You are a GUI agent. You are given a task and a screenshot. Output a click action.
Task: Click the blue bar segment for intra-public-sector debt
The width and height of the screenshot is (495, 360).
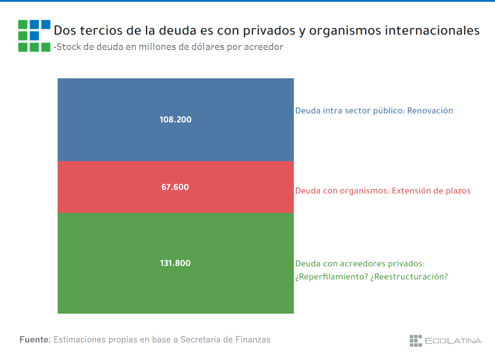pyautogui.click(x=175, y=97)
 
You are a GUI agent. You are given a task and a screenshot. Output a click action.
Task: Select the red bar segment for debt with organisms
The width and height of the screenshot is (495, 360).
pyautogui.click(x=175, y=200)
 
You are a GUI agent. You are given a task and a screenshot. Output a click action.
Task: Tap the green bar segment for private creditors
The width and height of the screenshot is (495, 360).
pyautogui.click(x=175, y=288)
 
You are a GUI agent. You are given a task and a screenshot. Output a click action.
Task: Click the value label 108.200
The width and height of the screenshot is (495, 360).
pyautogui.click(x=175, y=120)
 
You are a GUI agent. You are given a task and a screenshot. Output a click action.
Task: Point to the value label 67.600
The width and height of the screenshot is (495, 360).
pyautogui.click(x=175, y=187)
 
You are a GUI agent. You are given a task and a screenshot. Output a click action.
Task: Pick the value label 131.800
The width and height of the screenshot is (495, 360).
pyautogui.click(x=175, y=263)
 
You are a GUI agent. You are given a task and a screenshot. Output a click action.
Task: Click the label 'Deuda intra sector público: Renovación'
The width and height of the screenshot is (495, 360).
pyautogui.click(x=374, y=111)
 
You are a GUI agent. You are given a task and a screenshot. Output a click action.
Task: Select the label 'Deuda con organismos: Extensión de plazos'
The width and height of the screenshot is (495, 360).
pyautogui.click(x=382, y=191)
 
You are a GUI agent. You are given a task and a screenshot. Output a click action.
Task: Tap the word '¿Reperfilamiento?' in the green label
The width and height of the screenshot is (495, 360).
pyautogui.click(x=331, y=277)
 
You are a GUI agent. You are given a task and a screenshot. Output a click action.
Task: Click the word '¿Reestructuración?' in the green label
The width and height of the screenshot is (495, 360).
pyautogui.click(x=409, y=277)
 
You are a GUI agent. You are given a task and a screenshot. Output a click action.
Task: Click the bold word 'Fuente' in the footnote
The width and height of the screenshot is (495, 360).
pyautogui.click(x=34, y=340)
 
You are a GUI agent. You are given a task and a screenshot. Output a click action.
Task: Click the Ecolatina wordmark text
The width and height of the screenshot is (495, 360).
pyautogui.click(x=453, y=341)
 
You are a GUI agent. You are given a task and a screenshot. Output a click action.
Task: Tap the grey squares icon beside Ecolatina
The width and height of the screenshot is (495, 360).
pyautogui.click(x=415, y=341)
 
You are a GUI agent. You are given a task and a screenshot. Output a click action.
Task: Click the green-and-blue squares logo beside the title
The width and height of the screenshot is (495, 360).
pyautogui.click(x=34, y=36)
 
